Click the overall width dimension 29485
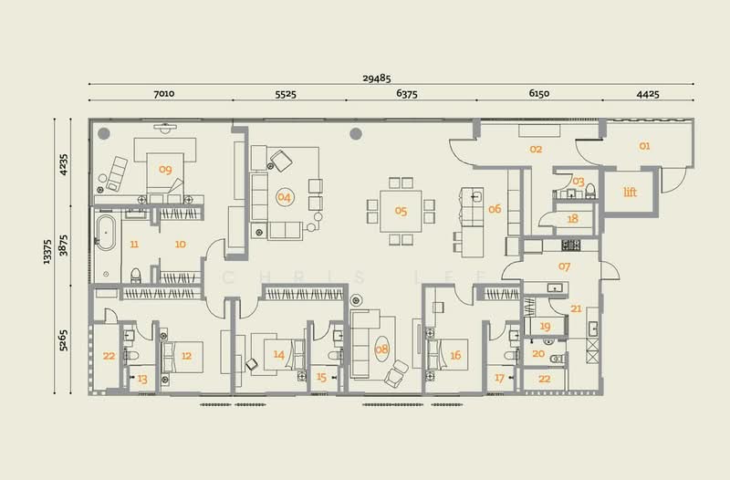coord(377,78)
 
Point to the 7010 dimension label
coord(164,93)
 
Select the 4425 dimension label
coord(648,94)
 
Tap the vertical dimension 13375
coord(47,252)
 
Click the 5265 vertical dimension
coord(63,339)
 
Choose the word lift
coord(630,192)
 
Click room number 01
coord(644,146)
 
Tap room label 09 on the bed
coord(165,170)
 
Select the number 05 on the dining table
coord(401,211)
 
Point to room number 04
coord(284,197)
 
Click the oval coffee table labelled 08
coord(381,349)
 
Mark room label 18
coord(573,218)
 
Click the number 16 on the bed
coord(455,355)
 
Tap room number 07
coord(564,266)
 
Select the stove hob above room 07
coord(571,245)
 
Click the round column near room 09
coord(104,133)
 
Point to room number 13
coord(142,379)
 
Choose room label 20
coord(538,354)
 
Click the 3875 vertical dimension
coord(63,245)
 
